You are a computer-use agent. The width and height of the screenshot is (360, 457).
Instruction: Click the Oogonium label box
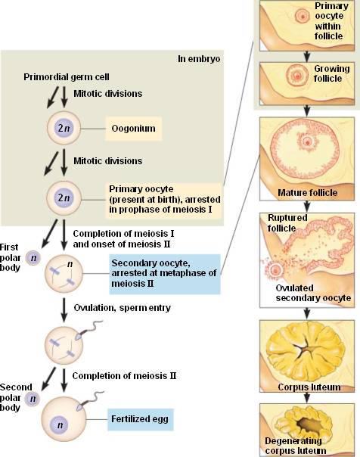[133, 129]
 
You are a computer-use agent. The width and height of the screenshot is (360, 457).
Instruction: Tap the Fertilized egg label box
[141, 419]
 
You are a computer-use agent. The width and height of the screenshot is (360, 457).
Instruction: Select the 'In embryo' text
[199, 59]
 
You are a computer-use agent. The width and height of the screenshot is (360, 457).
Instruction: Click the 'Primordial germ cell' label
[67, 77]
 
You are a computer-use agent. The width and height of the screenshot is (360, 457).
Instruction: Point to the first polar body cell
[33, 258]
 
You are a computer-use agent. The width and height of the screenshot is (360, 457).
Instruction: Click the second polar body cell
[33, 399]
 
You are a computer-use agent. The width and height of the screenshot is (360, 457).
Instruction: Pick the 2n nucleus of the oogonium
[64, 128]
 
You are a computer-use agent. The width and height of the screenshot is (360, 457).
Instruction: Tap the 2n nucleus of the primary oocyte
[64, 198]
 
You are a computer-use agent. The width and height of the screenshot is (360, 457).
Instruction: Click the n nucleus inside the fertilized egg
[60, 424]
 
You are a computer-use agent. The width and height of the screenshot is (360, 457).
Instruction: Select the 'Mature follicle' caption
[307, 193]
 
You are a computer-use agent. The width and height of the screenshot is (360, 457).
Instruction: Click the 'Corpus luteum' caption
[309, 387]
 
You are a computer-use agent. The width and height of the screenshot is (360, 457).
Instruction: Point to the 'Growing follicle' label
[331, 73]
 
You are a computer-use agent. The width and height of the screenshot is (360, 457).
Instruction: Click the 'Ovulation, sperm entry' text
[122, 308]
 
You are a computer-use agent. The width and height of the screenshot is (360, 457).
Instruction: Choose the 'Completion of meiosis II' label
[124, 376]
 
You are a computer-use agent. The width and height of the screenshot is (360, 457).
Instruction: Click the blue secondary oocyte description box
[165, 274]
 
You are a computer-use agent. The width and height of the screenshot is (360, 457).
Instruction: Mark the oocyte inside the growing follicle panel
[298, 76]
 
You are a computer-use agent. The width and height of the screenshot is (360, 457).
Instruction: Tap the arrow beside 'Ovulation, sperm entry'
[64, 309]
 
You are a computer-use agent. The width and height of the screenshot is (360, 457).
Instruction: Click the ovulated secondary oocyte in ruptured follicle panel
[275, 270]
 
